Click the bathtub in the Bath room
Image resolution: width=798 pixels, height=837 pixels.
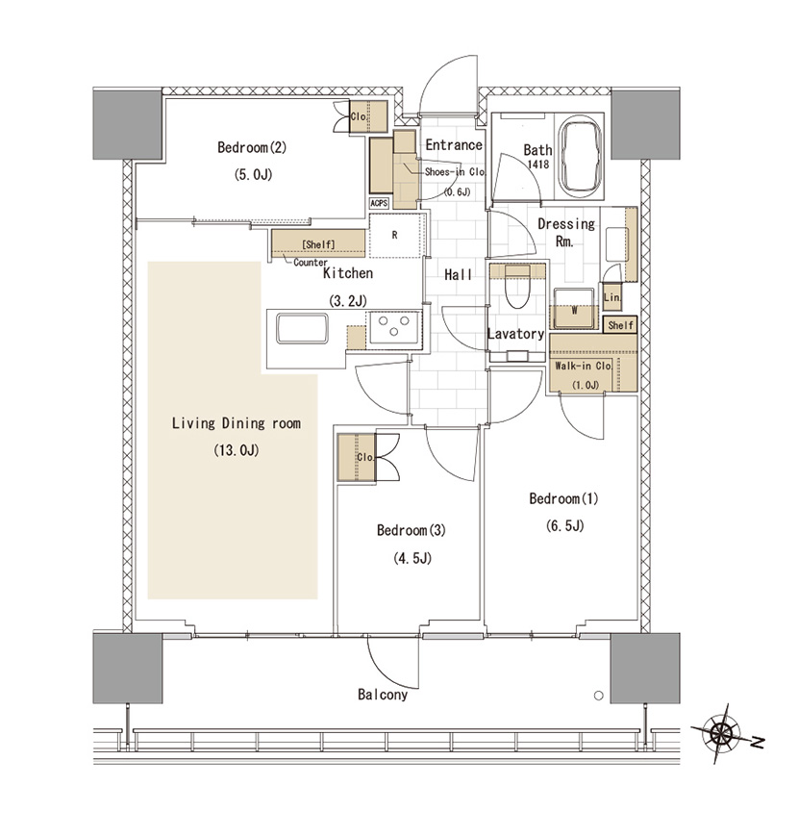coord(581,159)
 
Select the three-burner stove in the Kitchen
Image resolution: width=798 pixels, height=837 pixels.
coord(394,326)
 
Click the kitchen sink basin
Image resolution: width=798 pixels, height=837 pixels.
coord(302,328)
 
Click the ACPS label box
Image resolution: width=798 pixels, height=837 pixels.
coord(379,203)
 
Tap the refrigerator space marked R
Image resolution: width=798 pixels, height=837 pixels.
coord(395,235)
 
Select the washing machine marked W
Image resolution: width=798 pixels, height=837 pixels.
coord(574,309)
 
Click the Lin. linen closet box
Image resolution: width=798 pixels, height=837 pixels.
coord(611,296)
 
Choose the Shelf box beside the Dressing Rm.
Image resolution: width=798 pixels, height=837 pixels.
coord(620,324)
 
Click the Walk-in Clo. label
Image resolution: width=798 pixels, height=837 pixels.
coord(583,367)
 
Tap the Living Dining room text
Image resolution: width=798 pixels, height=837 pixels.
coord(237,423)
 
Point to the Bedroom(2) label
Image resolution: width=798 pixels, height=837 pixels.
coord(252,147)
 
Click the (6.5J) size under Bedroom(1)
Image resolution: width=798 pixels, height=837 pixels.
coord(565,526)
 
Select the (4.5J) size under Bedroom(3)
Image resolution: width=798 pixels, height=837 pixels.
coord(412,558)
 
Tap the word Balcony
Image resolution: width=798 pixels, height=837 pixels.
coord(383,695)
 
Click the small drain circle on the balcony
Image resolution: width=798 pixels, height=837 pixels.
coord(598,696)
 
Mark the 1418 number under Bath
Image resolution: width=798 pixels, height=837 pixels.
coord(538,165)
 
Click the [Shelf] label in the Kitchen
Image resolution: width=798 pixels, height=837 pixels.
coord(318,244)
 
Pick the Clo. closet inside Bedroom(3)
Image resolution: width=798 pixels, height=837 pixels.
coord(357,458)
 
